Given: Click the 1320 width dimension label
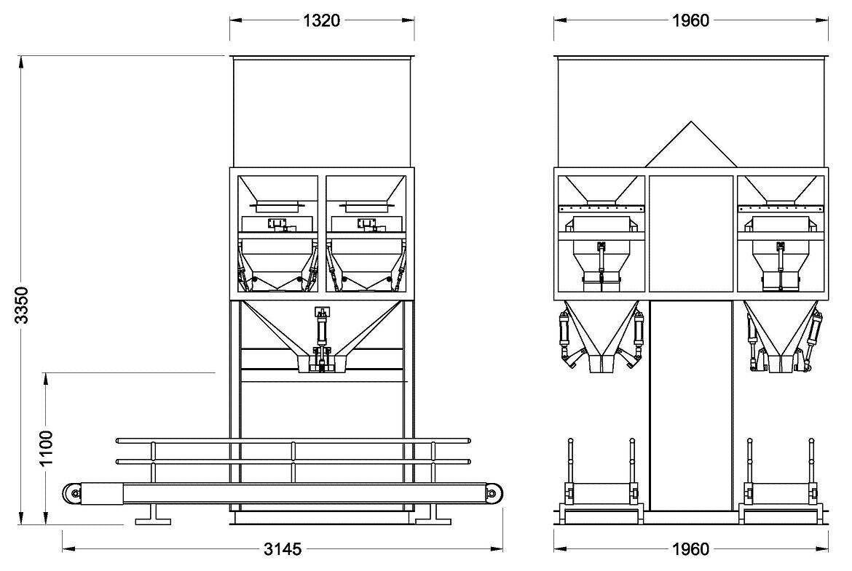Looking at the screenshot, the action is [322, 20].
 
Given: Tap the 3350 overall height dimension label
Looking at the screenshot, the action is [21, 305].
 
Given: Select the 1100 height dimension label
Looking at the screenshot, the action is [46, 448].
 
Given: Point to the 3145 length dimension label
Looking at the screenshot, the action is [283, 549].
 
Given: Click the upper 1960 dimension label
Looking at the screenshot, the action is [690, 20].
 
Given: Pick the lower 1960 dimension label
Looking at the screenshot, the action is [690, 549].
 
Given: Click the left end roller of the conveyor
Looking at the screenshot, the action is [73, 494].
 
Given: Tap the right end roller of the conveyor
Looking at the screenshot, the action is [493, 494].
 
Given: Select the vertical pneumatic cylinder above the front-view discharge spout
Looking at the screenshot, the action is [323, 331].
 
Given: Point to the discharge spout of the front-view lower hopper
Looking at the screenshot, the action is [323, 364].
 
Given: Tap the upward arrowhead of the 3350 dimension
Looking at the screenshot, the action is [21, 61].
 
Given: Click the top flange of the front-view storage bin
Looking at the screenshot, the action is [322, 57].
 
